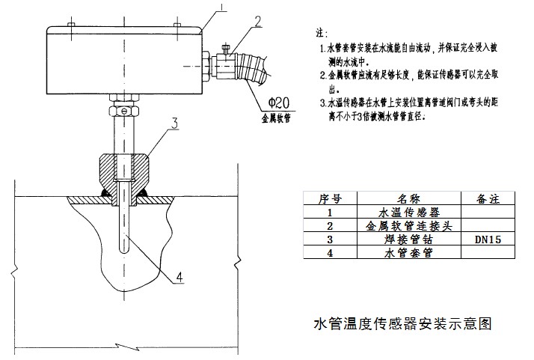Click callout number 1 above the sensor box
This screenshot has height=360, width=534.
(x=221, y=10)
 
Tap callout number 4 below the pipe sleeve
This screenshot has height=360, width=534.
(x=178, y=278)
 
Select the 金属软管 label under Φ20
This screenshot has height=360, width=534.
(x=276, y=118)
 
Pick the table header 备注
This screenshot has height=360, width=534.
(x=487, y=199)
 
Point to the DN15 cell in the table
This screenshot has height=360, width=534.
(x=487, y=240)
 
